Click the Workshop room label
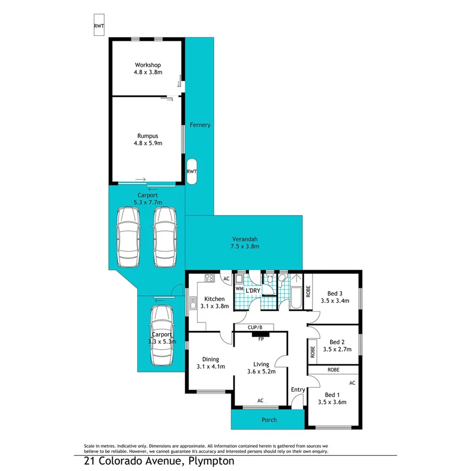pos(148,68)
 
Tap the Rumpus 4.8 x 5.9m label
pos(148,139)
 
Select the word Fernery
pos(200,125)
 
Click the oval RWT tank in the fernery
pos(192,171)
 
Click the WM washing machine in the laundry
pos(239,289)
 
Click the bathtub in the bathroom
pos(295,298)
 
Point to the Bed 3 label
pos(335,297)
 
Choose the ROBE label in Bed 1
pos(333,370)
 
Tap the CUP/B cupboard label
pos(255,327)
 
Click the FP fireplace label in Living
pos(261,339)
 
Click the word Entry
pos(298,389)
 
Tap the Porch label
pos(269,419)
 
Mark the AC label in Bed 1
pos(352,383)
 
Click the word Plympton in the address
pos(212,461)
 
